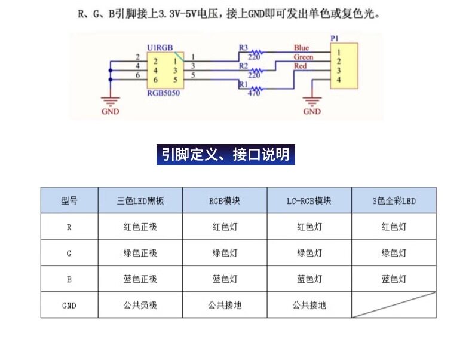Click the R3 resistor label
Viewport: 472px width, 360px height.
click(243, 47)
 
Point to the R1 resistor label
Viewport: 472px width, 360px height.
click(243, 85)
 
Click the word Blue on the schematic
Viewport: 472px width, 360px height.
click(301, 48)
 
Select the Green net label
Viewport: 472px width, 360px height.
click(303, 57)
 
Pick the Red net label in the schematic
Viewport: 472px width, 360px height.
click(300, 66)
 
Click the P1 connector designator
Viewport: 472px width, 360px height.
click(335, 38)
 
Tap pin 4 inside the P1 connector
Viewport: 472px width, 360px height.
click(338, 80)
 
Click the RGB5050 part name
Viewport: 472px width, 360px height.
click(163, 94)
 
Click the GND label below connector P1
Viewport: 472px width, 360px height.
click(312, 112)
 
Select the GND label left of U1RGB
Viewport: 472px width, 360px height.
click(110, 112)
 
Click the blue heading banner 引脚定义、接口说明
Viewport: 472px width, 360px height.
click(226, 155)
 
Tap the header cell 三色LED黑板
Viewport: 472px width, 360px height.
click(140, 201)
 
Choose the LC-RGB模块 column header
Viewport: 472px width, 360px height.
click(309, 201)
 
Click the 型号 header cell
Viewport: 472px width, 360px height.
click(69, 201)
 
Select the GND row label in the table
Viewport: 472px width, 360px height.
click(69, 305)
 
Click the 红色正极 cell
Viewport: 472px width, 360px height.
click(140, 227)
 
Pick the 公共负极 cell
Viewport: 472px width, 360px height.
click(140, 305)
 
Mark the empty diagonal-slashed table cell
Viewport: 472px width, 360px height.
click(394, 305)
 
